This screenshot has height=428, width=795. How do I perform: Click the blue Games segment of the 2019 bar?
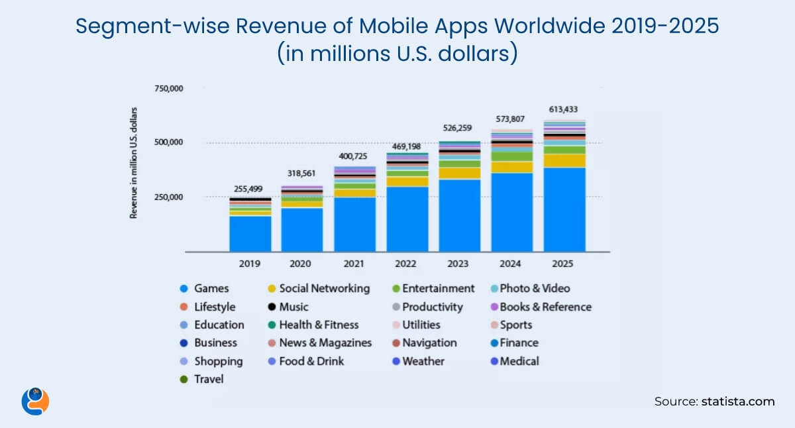click(x=250, y=233)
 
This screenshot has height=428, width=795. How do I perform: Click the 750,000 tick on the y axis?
click(x=168, y=89)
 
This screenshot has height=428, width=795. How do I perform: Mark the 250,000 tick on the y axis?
click(x=168, y=197)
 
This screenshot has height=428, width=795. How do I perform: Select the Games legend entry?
click(x=211, y=289)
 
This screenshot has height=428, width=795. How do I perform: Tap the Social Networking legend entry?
click(x=324, y=289)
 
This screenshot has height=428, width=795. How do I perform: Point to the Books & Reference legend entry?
click(x=545, y=307)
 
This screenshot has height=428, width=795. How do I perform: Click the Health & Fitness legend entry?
click(x=319, y=325)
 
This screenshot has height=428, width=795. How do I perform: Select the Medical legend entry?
click(x=519, y=361)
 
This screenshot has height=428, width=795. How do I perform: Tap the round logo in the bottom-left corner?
click(x=35, y=400)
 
